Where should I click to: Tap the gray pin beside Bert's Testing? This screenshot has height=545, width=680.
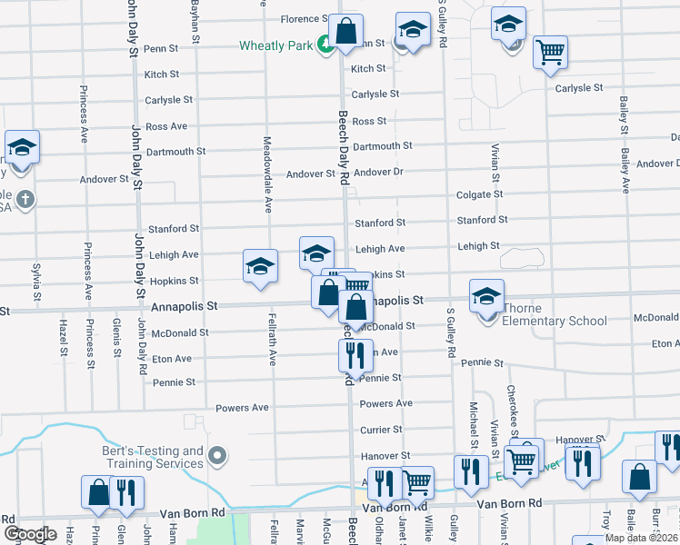click(217, 454)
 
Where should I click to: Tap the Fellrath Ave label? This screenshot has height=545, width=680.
click(272, 339)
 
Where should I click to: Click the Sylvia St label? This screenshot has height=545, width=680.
click(37, 282)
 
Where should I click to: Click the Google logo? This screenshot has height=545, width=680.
click(30, 533)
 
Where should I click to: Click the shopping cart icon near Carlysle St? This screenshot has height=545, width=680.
click(550, 52)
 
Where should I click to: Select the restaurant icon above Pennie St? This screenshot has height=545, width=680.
click(355, 354)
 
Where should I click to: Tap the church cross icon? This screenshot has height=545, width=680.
click(25, 198)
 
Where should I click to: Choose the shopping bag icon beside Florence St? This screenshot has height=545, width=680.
click(345, 32)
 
